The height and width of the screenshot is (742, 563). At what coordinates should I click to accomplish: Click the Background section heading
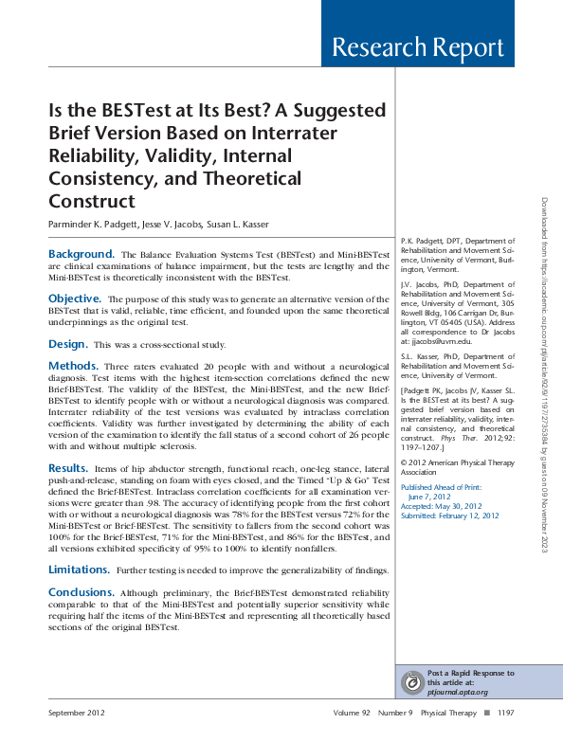[82, 255]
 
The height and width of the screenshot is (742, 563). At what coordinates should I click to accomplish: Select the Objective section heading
[75, 299]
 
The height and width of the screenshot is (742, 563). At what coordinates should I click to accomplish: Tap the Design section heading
[68, 343]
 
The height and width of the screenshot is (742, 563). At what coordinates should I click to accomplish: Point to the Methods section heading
[74, 365]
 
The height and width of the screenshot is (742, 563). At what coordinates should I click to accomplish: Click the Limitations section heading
[80, 570]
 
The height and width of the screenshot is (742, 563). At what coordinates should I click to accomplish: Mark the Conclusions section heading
[82, 591]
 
